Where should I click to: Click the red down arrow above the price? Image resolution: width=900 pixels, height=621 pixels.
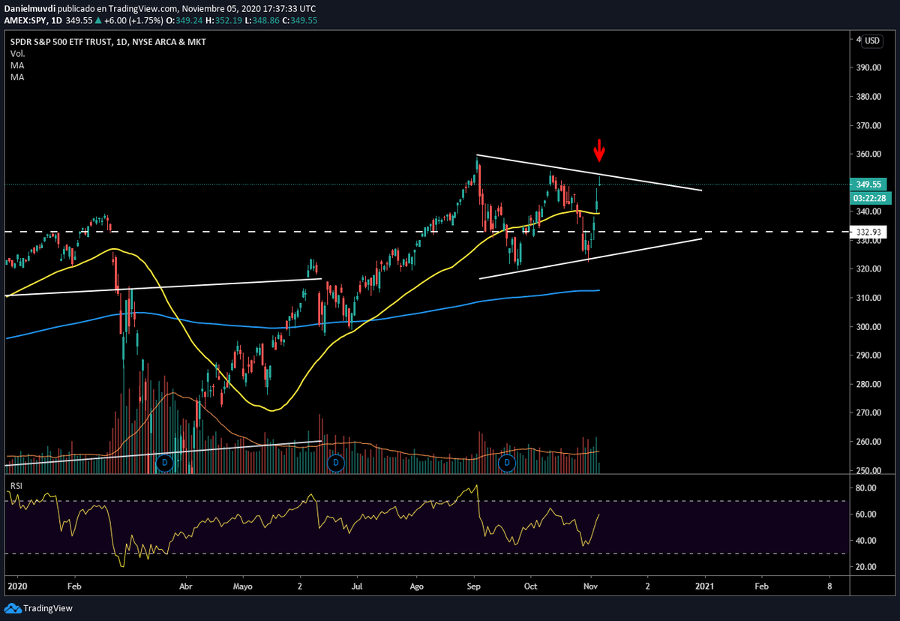598,150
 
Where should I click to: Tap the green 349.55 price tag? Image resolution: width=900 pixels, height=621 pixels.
869,184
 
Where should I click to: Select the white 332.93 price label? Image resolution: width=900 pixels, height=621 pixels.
869,232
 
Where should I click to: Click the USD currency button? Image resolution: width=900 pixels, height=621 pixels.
872,40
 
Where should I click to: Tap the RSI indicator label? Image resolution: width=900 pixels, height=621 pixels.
16,485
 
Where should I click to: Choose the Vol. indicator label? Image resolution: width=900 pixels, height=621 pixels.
17,54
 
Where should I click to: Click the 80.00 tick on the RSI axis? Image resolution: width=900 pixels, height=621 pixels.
865,488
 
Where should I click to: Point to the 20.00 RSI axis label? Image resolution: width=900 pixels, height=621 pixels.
865,567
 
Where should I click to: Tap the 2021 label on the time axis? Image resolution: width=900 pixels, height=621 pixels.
705,586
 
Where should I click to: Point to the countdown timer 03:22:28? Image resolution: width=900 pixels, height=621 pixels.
869,198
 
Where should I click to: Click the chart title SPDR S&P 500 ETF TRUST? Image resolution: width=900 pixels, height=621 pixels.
60,42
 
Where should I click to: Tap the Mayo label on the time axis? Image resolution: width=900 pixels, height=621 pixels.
241,586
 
